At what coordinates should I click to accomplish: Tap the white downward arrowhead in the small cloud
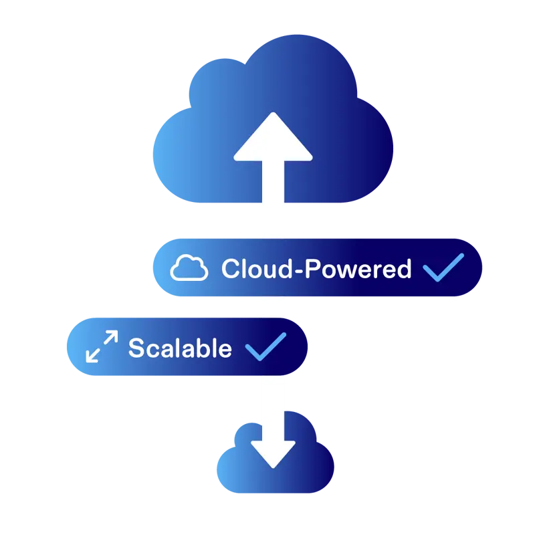[273, 455]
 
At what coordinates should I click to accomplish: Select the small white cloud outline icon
[189, 268]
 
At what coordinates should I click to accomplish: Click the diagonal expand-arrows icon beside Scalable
[102, 346]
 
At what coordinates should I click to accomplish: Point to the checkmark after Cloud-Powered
[443, 267]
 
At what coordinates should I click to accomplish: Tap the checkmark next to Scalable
[265, 346]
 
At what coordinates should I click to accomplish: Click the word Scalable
[180, 348]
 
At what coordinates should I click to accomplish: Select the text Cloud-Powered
[316, 269]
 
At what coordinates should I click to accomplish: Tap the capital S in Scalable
[136, 348]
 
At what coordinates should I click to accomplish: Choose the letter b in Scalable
[203, 348]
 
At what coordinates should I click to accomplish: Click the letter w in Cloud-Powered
[348, 271]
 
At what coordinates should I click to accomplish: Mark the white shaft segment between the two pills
[273, 307]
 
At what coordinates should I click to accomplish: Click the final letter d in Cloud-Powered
[403, 269]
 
